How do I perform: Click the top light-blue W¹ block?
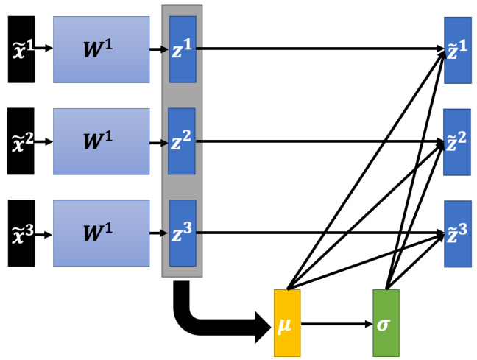pos(101,49)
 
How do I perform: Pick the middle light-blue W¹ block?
pos(101,141)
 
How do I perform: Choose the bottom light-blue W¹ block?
pos(101,233)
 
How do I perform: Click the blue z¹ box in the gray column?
pos(183,49)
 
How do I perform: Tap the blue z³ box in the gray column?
pos(183,233)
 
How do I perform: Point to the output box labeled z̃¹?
pos(457,49)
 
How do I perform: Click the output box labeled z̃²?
pos(457,141)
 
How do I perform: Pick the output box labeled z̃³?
pos(457,233)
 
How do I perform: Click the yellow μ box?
pos(287,323)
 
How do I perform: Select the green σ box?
pos(386,323)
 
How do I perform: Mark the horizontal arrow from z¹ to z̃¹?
pos(317,49)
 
